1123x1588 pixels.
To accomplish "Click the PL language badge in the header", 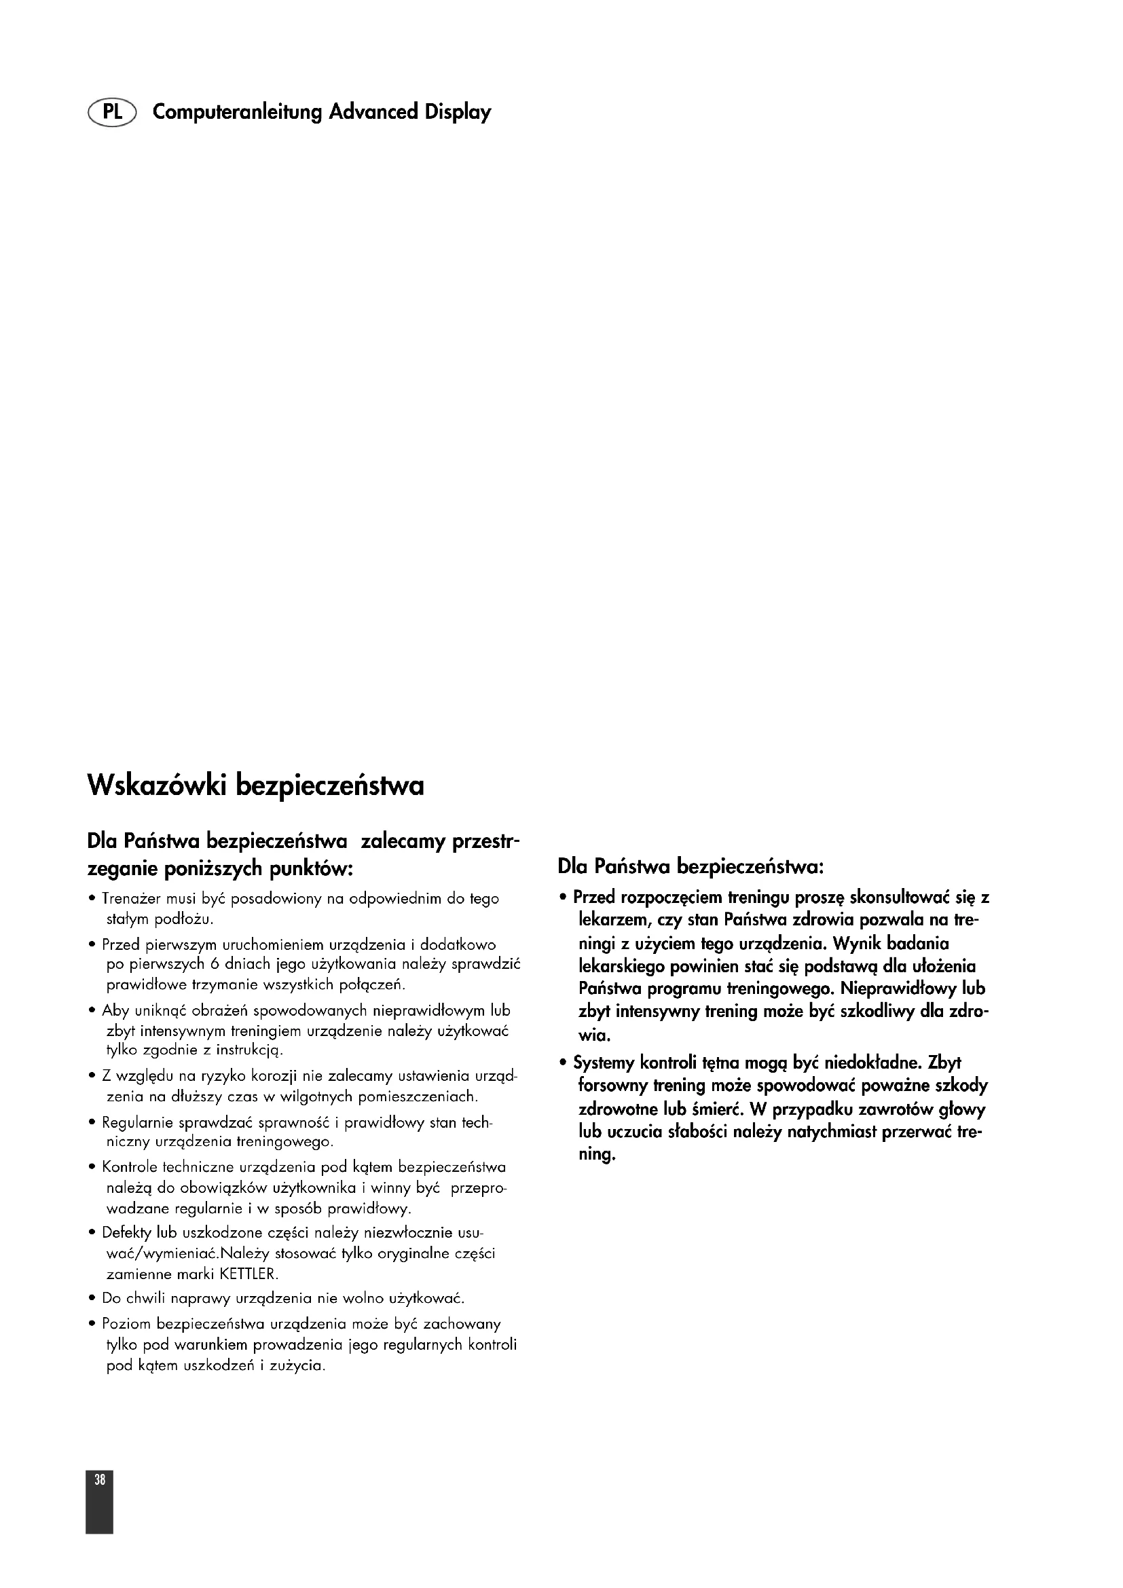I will pos(112,112).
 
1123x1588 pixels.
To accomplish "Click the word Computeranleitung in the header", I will pos(237,112).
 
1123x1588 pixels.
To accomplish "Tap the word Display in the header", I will pos(458,112).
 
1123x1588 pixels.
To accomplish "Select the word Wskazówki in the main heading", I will pos(157,786).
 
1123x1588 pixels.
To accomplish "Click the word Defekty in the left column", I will pos(126,1232).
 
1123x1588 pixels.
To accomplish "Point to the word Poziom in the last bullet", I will pos(126,1325).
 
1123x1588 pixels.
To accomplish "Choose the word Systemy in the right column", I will pos(603,1063).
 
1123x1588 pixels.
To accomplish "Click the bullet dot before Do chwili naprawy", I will pos(92,1298).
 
